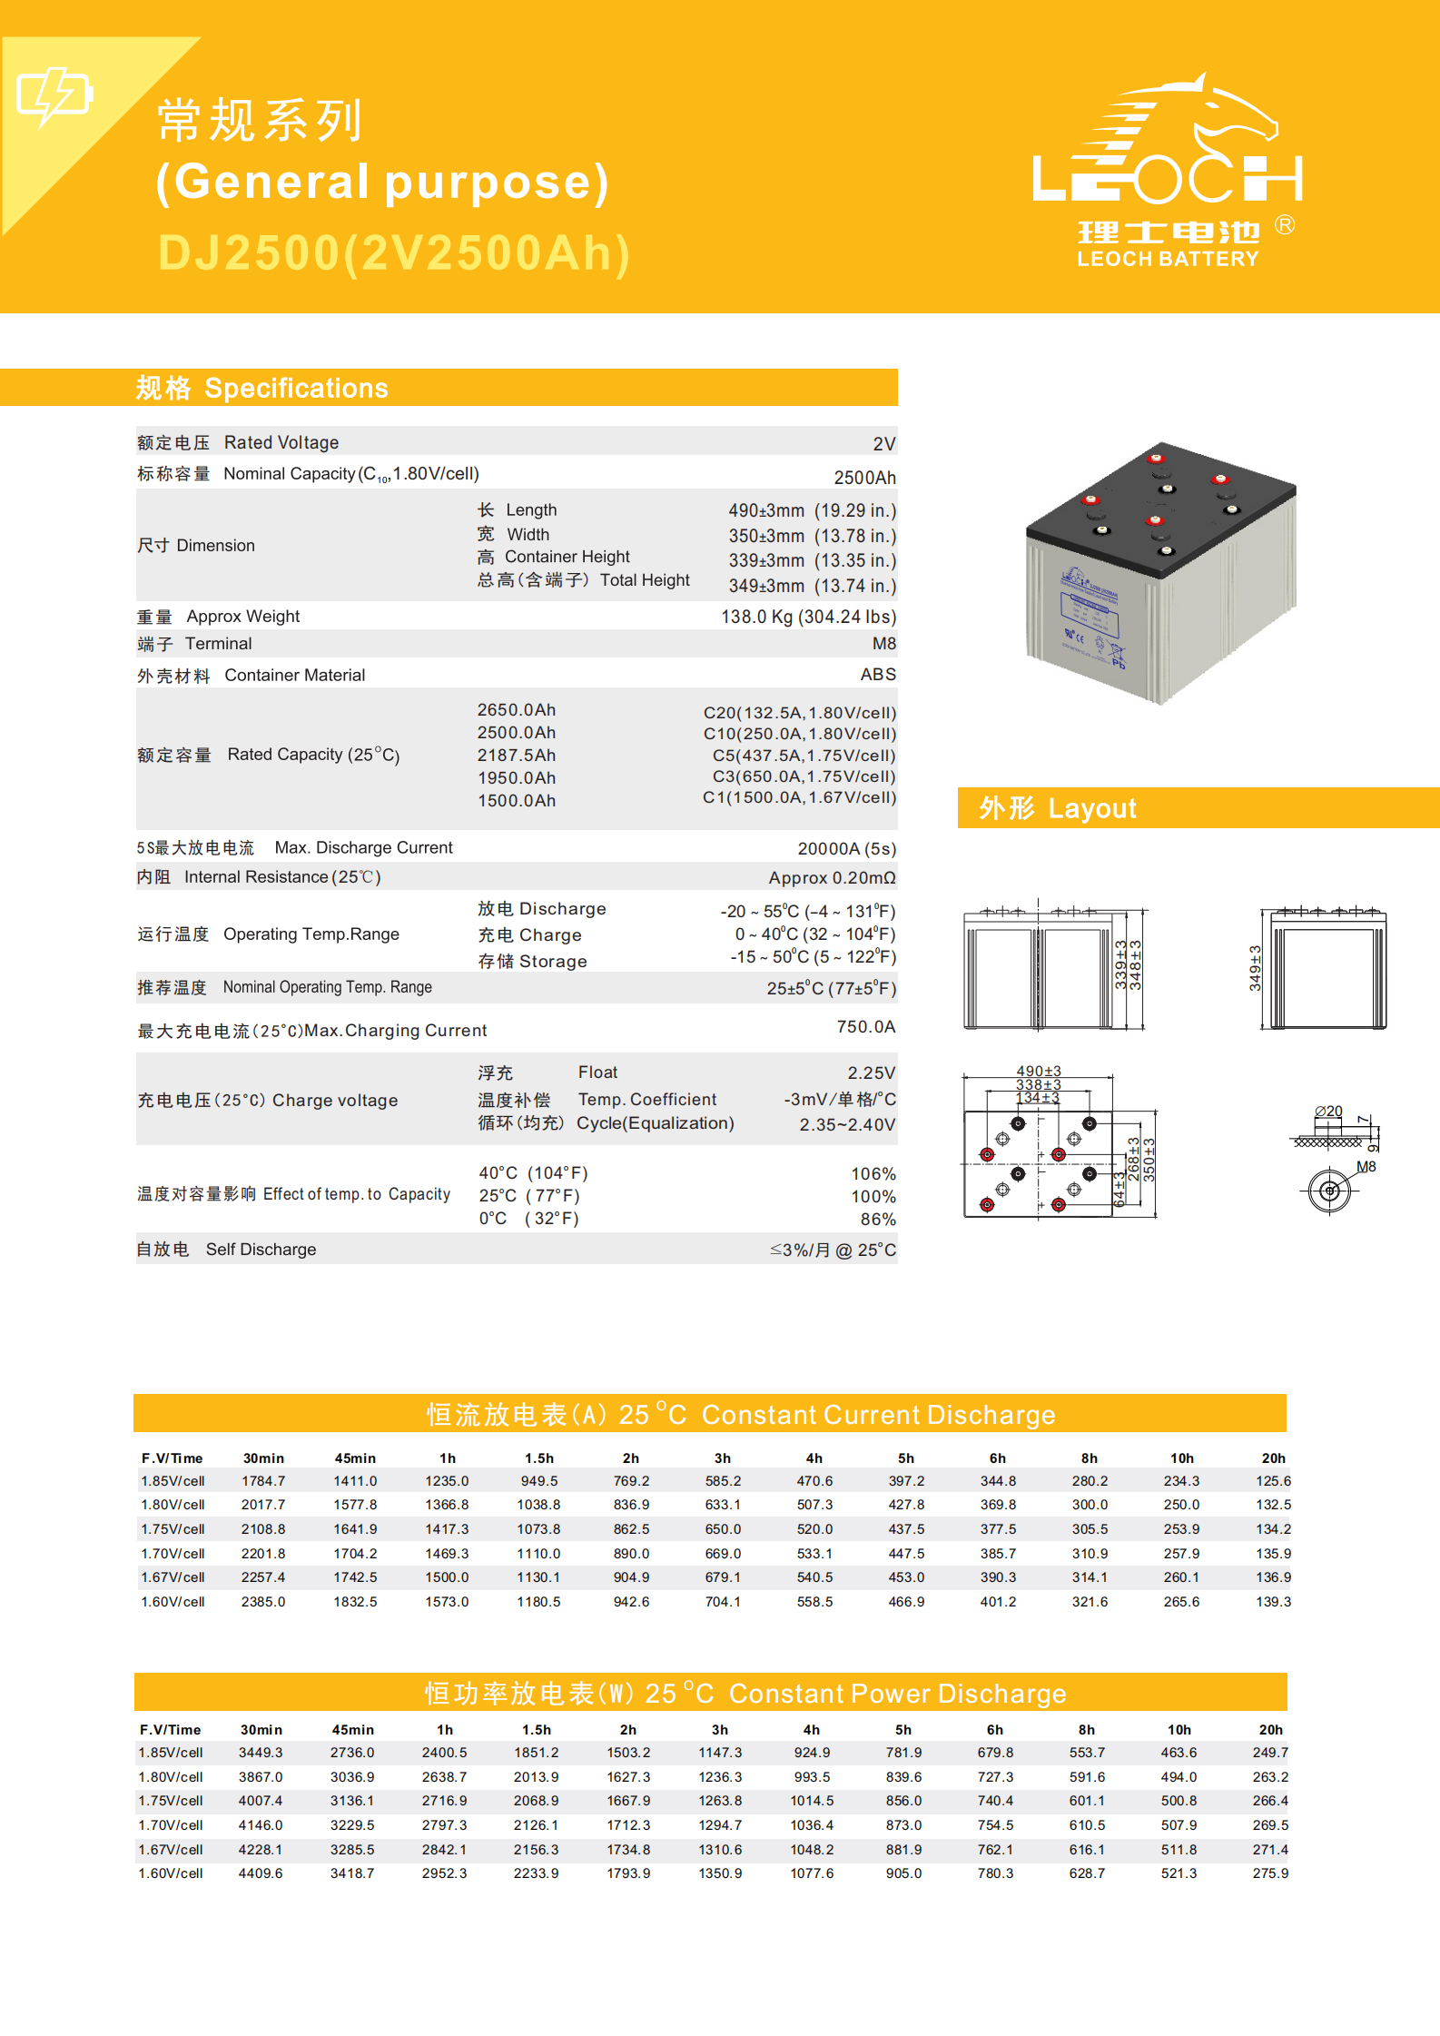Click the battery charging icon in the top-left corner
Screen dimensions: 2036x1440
[54, 94]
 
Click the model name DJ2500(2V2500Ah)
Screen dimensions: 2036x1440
[393, 253]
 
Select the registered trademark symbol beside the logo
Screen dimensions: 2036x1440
[1284, 225]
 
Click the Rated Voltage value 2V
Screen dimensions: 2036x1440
[883, 444]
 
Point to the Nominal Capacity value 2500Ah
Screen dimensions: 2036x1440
[864, 478]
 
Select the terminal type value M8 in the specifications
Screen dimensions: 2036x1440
[883, 644]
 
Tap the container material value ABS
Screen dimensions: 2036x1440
[877, 675]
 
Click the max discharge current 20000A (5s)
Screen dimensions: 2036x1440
[846, 848]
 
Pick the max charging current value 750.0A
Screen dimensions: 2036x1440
[865, 1027]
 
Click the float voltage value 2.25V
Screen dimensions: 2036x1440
[871, 1073]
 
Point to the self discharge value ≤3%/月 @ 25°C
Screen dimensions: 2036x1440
[833, 1250]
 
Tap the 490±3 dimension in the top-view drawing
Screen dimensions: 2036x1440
[1038, 1072]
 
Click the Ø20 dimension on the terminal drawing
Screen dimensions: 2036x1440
[1328, 1111]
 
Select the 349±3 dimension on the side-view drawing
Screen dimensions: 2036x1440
[1255, 967]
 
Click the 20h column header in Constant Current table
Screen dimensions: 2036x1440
[1273, 1458]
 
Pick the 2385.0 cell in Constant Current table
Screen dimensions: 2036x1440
[263, 1602]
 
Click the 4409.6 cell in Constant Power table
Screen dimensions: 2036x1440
[261, 1873]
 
